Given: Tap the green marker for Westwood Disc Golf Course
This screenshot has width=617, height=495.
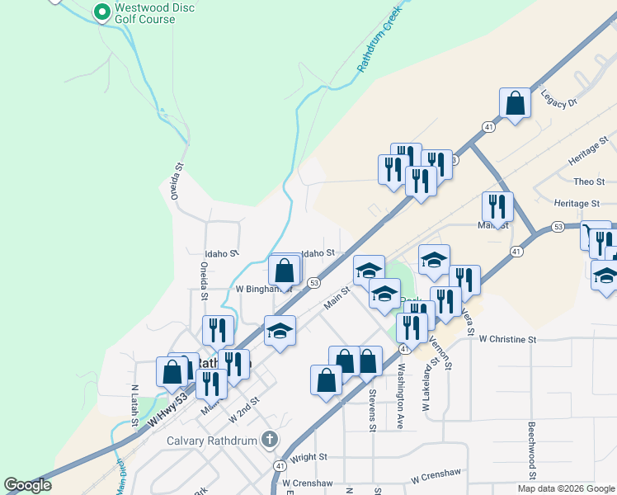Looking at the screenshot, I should (101, 12).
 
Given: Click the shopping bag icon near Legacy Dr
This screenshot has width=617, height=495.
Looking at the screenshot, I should (515, 104).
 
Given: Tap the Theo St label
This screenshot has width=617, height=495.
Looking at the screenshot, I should (589, 181).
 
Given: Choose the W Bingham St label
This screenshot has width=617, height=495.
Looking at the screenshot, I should (264, 290).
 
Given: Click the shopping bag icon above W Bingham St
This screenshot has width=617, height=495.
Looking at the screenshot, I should (285, 270).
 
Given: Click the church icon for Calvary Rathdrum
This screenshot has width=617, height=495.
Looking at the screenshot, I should (269, 440).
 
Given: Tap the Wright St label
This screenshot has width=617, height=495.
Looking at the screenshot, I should (309, 456).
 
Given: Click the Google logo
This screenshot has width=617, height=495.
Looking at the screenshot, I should (28, 485).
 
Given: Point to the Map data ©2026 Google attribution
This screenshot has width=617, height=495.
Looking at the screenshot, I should (566, 488).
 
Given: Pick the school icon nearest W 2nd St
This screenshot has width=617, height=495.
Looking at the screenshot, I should (280, 331).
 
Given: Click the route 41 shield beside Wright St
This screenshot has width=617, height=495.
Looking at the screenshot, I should (280, 466).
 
